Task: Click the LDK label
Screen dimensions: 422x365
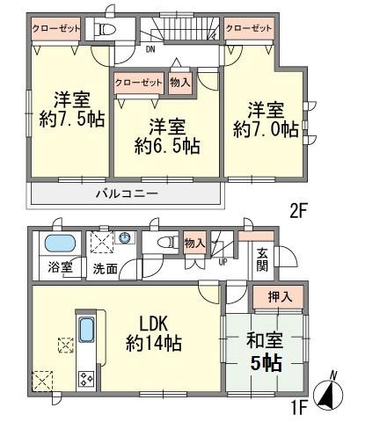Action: click(153, 320)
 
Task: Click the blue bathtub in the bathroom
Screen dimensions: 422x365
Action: click(60, 244)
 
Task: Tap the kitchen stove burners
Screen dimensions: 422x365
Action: click(87, 380)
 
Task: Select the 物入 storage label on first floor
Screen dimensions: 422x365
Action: click(193, 241)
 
